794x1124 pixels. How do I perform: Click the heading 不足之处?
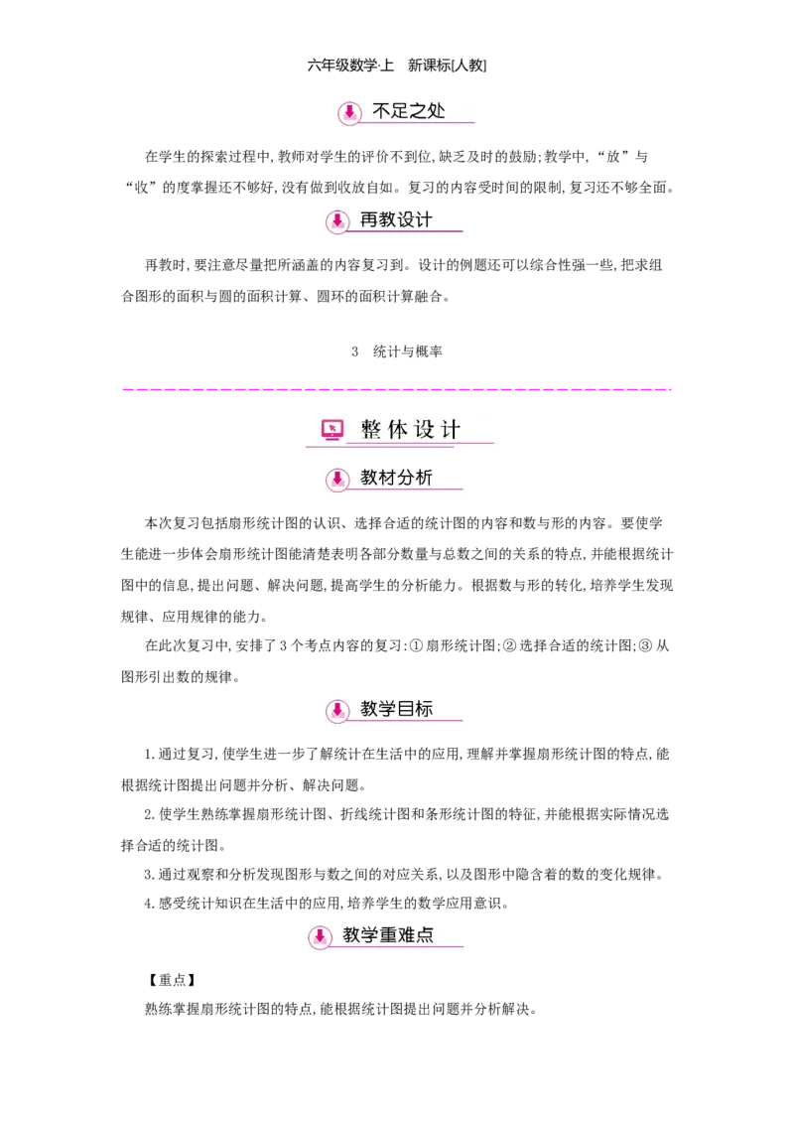tap(409, 112)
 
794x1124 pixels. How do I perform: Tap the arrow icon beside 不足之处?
tap(348, 114)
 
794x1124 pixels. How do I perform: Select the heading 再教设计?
tap(396, 219)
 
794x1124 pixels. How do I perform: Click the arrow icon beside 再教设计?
tap(337, 220)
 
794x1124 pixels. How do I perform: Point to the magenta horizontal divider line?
tap(397, 389)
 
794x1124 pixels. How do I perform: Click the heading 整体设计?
tap(411, 430)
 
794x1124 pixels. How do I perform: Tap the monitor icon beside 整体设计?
tap(332, 430)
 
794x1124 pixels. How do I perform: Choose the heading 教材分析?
tap(396, 479)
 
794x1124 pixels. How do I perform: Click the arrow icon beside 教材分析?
tap(337, 480)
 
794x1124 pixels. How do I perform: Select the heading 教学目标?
tap(396, 709)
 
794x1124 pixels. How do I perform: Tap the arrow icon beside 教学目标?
tap(337, 710)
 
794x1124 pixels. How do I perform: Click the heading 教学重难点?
tap(388, 935)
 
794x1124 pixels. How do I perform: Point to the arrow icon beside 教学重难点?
tap(320, 936)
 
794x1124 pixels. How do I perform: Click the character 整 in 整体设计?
tap(370, 430)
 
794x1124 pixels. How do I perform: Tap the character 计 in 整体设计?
tap(452, 430)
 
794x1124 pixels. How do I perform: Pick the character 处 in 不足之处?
tap(437, 112)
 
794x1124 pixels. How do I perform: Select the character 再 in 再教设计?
tap(369, 219)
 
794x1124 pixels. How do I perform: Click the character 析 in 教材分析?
tap(424, 479)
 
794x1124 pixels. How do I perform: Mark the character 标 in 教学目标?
tap(424, 709)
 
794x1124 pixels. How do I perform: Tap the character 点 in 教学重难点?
tap(425, 935)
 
